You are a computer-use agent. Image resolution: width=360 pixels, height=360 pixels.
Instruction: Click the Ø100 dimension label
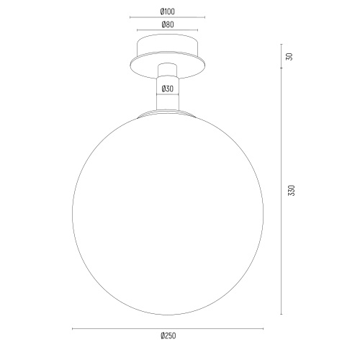tap(168, 12)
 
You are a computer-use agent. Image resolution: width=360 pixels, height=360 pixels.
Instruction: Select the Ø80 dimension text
tap(168, 24)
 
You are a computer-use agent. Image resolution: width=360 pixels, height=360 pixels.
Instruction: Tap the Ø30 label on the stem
tap(168, 89)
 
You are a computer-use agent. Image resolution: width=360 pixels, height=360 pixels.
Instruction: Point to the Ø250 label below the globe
tap(168, 336)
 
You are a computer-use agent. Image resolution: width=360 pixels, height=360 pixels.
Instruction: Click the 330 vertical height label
tap(291, 190)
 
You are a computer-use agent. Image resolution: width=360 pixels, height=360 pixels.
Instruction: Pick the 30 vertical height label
tap(290, 57)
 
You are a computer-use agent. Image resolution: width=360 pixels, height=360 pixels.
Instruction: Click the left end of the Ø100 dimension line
tap(130, 17)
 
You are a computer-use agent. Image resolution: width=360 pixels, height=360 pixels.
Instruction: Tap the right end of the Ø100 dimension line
tap(205, 17)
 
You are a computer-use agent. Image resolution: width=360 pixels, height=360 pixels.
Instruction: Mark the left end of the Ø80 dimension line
tap(137, 30)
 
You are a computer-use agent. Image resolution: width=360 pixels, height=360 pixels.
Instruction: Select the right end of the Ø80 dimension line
tap(198, 30)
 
